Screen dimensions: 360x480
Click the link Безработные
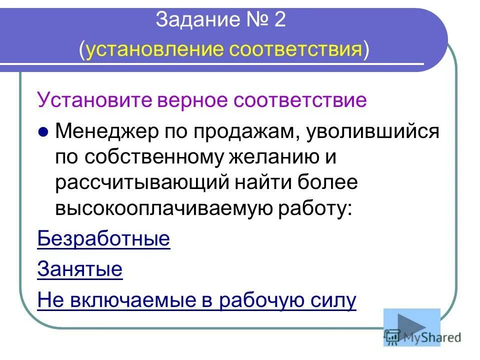(103, 239)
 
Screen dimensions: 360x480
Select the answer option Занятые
(80, 270)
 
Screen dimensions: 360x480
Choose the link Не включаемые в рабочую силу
(196, 300)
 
